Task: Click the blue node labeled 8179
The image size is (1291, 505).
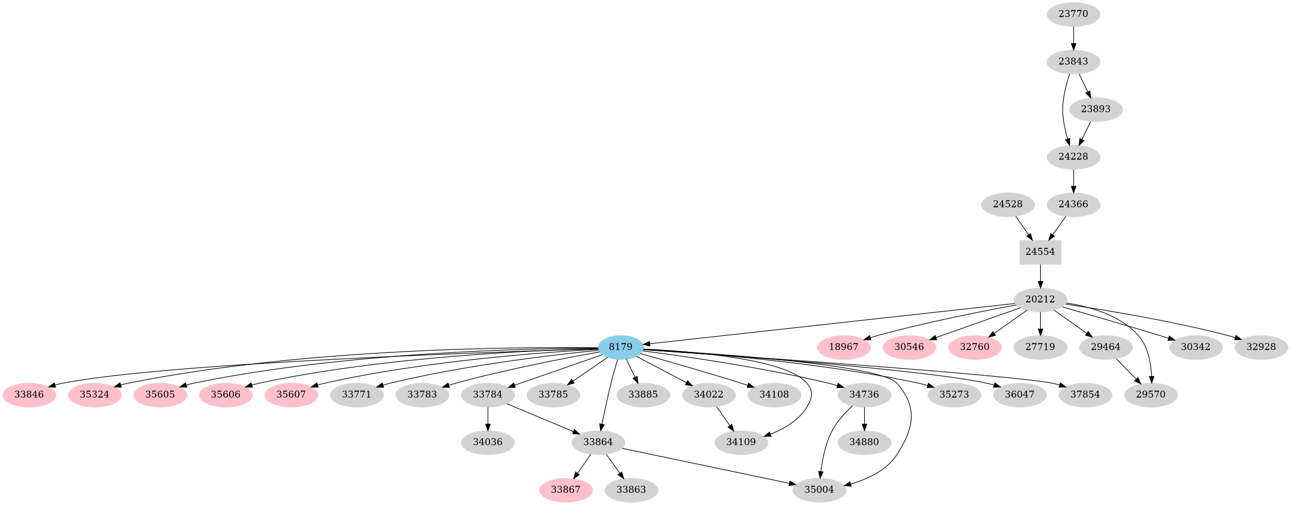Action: coord(620,347)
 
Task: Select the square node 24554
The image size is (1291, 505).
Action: coord(1040,252)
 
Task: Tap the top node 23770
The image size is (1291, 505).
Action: coord(1073,14)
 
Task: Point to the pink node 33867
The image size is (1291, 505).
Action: coord(565,490)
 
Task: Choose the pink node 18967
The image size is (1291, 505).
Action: coord(843,347)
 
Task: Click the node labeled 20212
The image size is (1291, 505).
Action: coord(1040,299)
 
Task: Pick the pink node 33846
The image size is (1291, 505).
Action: coord(29,394)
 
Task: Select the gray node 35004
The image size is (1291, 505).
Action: coord(819,490)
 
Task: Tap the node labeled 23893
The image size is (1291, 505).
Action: coord(1095,109)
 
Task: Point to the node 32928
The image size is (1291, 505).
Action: coord(1261,347)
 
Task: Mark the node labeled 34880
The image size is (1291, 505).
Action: coord(864,442)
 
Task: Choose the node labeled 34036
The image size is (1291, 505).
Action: coord(487,442)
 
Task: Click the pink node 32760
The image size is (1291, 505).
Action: coord(975,347)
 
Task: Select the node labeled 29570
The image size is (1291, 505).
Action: coord(1151,394)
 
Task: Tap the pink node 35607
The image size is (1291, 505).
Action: coord(291,394)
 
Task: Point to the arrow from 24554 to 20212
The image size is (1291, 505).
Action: coord(1040,276)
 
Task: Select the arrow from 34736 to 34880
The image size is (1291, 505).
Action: coord(864,418)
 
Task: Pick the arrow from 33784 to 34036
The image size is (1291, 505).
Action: coord(487,418)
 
